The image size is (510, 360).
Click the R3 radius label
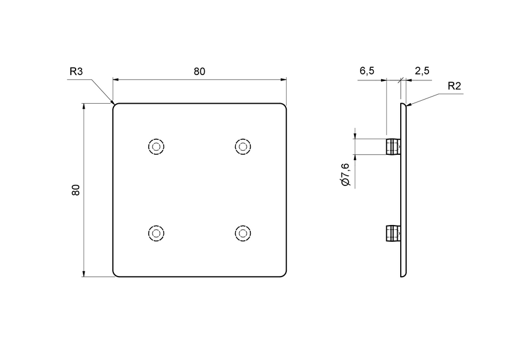[76, 71]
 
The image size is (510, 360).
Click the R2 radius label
[454, 86]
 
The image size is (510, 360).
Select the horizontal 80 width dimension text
[199, 71]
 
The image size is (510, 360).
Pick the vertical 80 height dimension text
[76, 190]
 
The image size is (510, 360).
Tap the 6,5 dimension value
[367, 71]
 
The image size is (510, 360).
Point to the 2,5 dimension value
[422, 71]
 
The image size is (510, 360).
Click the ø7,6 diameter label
[346, 173]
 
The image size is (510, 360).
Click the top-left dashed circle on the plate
[156, 146]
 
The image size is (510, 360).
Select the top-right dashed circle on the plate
[242, 146]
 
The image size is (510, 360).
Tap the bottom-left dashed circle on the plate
[156, 233]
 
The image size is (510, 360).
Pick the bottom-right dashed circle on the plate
[242, 233]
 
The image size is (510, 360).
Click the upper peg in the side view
[392, 146]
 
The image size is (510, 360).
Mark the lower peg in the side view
[392, 233]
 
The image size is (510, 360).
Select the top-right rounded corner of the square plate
[284, 106]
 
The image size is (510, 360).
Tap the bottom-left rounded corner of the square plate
[116, 274]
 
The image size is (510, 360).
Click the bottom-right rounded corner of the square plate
[284, 274]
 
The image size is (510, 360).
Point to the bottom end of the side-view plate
[403, 275]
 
